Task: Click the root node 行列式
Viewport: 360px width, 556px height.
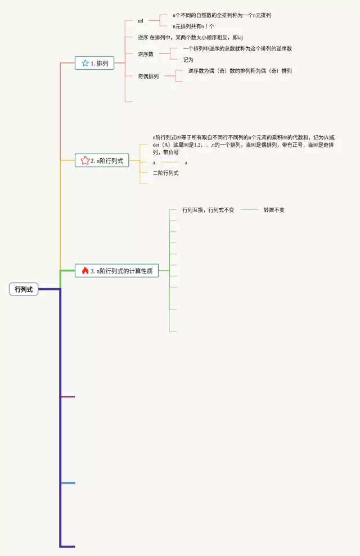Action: (24, 289)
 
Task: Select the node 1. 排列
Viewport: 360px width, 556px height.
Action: (94, 64)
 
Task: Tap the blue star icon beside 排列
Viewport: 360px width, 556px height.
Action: (85, 64)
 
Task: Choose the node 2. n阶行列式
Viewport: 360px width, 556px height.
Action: (102, 160)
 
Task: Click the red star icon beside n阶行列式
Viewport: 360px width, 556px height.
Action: (85, 160)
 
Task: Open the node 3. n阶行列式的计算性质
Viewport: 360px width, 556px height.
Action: (117, 271)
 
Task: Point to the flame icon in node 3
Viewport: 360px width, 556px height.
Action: (85, 271)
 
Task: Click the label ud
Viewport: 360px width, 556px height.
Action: (141, 21)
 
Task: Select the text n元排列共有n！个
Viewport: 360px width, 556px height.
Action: (193, 26)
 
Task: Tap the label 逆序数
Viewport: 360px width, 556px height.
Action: (146, 54)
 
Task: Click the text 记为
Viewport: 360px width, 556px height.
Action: (188, 60)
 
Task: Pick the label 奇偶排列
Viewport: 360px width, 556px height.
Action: (148, 76)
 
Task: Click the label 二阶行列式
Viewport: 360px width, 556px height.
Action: (166, 173)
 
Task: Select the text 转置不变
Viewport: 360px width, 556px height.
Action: (274, 210)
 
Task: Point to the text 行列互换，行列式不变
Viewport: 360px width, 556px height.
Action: (208, 210)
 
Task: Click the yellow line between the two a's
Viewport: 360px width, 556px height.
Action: (170, 163)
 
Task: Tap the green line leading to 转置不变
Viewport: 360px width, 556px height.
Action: (249, 210)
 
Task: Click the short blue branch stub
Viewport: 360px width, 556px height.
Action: (67, 483)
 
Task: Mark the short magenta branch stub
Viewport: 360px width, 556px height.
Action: (67, 397)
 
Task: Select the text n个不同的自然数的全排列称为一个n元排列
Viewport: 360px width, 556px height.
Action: (222, 15)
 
